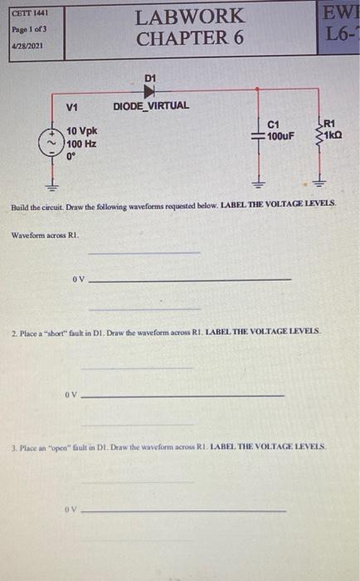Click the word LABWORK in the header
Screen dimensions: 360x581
pyautogui.click(x=190, y=16)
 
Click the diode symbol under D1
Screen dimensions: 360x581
pyautogui.click(x=150, y=90)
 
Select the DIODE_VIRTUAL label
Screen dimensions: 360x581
pyautogui.click(x=151, y=105)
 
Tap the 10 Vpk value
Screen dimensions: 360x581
pyautogui.click(x=82, y=131)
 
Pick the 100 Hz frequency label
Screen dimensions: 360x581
pyautogui.click(x=81, y=144)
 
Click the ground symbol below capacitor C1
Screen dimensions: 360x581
pyautogui.click(x=257, y=183)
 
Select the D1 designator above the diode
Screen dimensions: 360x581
pyautogui.click(x=150, y=77)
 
